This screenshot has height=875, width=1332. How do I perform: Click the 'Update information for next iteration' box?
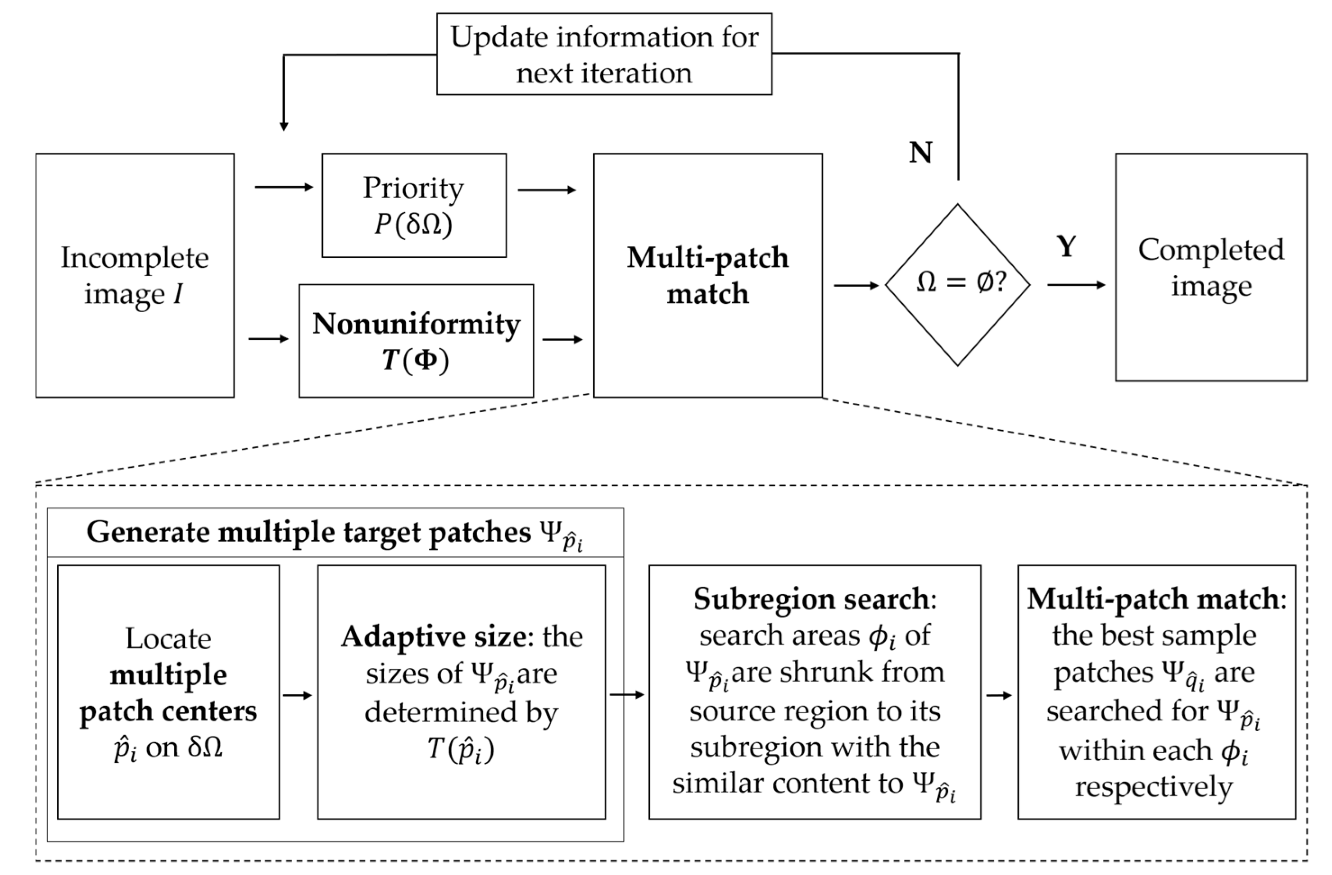[x=604, y=55]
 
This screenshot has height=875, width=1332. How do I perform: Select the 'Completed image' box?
[x=1211, y=268]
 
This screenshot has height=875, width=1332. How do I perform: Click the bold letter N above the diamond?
[x=920, y=152]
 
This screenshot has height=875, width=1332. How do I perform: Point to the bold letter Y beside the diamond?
[x=1066, y=246]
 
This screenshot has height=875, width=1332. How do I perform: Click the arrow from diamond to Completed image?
[x=1076, y=285]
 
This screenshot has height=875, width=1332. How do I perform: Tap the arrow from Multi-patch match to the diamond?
[x=856, y=286]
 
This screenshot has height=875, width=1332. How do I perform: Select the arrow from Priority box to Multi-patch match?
[x=546, y=190]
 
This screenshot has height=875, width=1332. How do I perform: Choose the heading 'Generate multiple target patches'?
[x=308, y=532]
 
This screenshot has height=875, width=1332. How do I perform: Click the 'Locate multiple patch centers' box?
[x=168, y=692]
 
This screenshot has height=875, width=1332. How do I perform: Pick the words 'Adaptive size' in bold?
[x=433, y=637]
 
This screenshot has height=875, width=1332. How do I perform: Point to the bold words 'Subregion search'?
[x=811, y=599]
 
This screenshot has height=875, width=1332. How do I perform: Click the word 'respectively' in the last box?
[x=1154, y=787]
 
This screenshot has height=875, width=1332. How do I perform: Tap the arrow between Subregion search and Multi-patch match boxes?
[x=999, y=695]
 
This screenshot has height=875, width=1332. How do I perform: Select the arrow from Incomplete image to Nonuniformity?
[x=268, y=339]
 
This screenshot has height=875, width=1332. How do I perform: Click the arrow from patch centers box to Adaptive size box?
[x=297, y=695]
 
